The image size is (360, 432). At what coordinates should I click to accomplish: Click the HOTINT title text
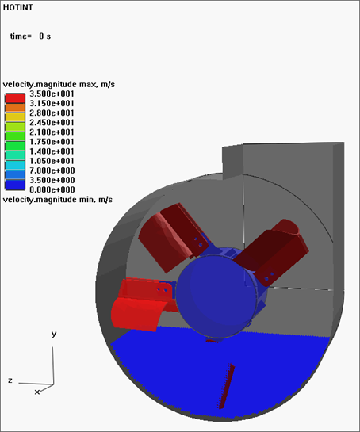click(x=18, y=7)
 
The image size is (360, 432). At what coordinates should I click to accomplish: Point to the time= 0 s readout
click(x=30, y=36)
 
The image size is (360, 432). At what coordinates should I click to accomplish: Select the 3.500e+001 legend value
click(x=52, y=94)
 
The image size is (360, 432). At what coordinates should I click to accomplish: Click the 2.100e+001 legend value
click(x=52, y=132)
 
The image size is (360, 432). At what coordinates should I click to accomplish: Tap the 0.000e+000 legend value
click(x=52, y=189)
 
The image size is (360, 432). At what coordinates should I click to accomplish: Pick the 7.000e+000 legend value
click(x=52, y=170)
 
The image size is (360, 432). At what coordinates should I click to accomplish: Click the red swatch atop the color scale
click(x=15, y=98)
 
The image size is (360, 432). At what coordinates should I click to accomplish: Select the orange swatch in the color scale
click(x=15, y=108)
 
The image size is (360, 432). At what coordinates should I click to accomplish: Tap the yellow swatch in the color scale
click(x=15, y=117)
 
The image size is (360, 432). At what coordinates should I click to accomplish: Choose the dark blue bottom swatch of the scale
click(x=15, y=185)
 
